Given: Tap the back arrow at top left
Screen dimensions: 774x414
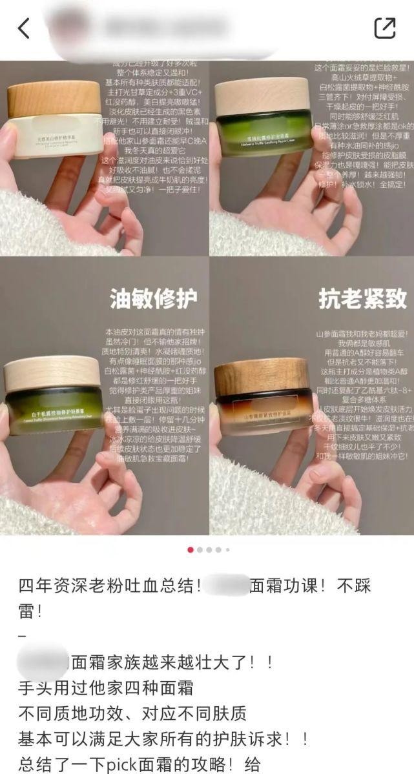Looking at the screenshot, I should pos(24,28).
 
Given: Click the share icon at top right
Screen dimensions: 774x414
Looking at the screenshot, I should pos(385,28).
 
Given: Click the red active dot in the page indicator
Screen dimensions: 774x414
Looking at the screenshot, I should pos(191,550).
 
